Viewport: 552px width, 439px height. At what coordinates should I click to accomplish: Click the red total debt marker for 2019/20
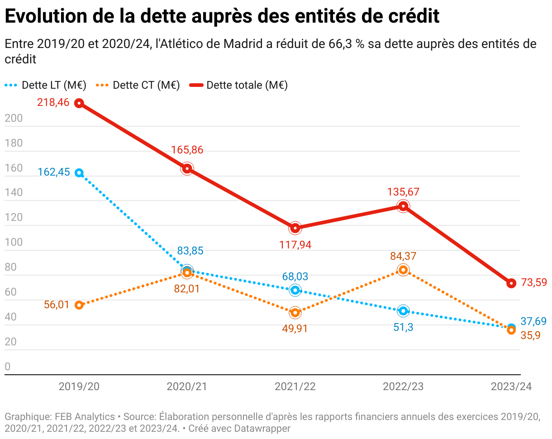click(x=79, y=103)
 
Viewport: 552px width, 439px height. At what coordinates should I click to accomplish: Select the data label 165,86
click(x=187, y=150)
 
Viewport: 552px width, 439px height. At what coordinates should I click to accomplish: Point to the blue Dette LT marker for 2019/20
click(x=79, y=173)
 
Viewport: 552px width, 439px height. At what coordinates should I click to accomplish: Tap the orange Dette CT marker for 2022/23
click(x=403, y=270)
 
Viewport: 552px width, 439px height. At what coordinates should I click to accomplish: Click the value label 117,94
click(x=295, y=245)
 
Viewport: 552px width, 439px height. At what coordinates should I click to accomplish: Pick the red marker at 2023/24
click(x=511, y=283)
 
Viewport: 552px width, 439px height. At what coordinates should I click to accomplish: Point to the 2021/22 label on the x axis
click(x=295, y=387)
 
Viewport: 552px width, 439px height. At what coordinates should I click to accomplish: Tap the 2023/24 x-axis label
click(x=511, y=387)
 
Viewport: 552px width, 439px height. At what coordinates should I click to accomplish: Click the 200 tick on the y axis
click(x=13, y=118)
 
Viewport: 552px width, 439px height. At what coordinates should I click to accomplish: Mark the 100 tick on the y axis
click(x=13, y=243)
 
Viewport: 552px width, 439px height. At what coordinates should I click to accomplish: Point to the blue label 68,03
click(x=295, y=276)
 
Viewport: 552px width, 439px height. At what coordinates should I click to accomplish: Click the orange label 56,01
click(x=57, y=305)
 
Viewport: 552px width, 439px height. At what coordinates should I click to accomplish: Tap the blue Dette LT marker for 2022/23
click(x=403, y=311)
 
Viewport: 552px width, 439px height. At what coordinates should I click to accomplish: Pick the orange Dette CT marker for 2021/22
click(x=295, y=312)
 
